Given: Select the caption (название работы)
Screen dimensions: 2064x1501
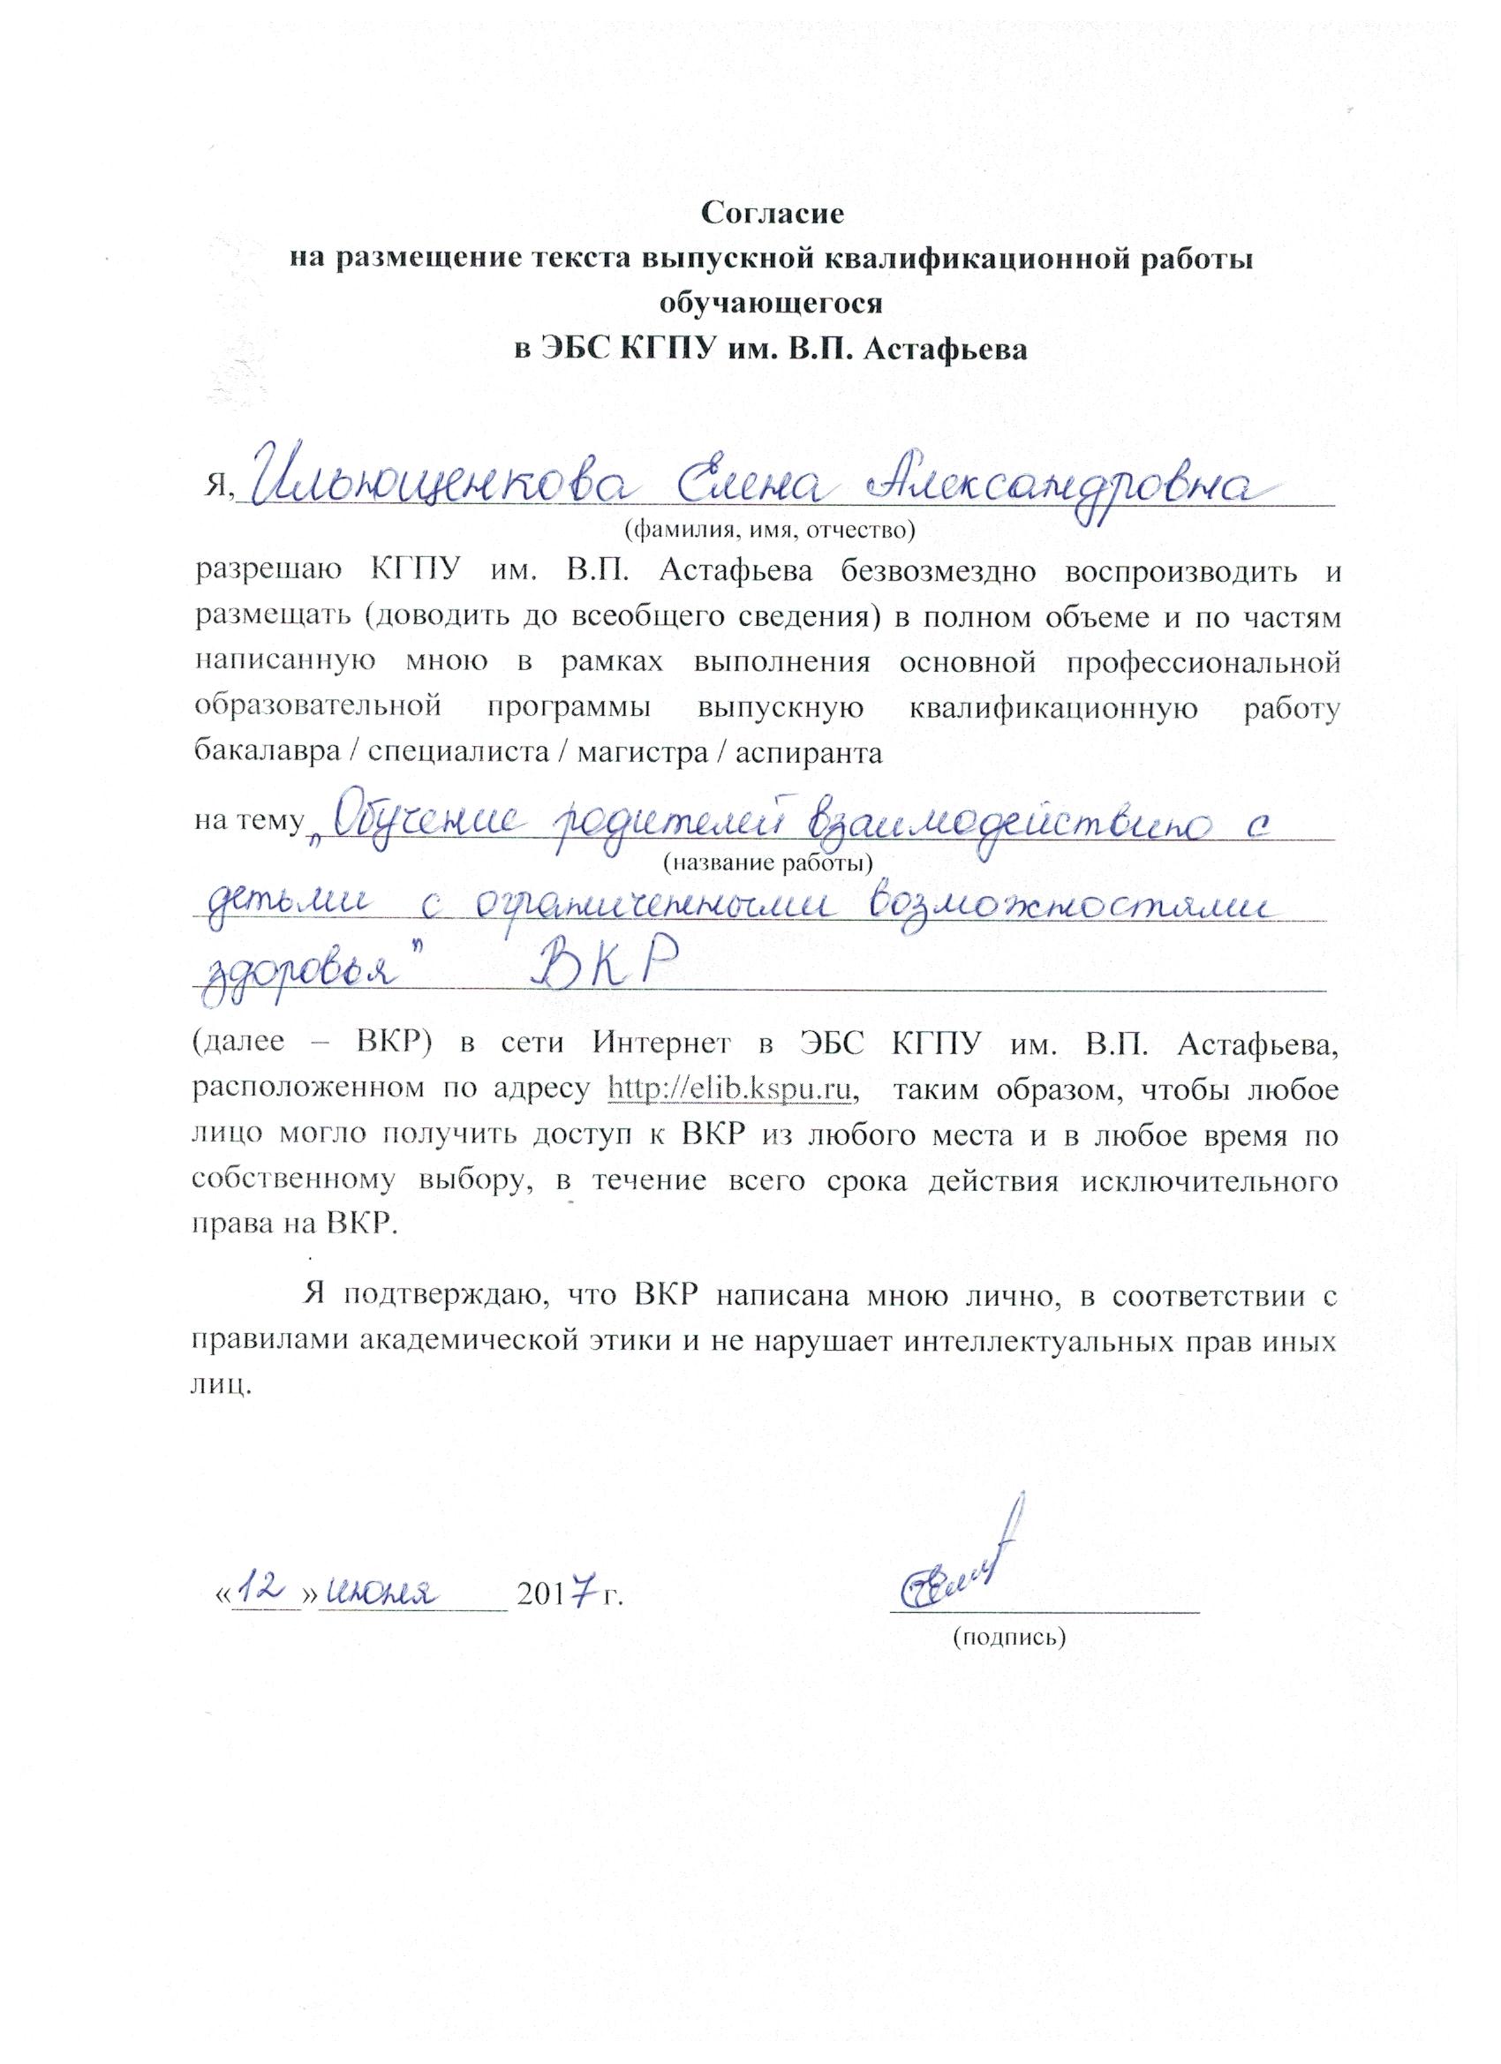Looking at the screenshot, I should pos(768,861).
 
